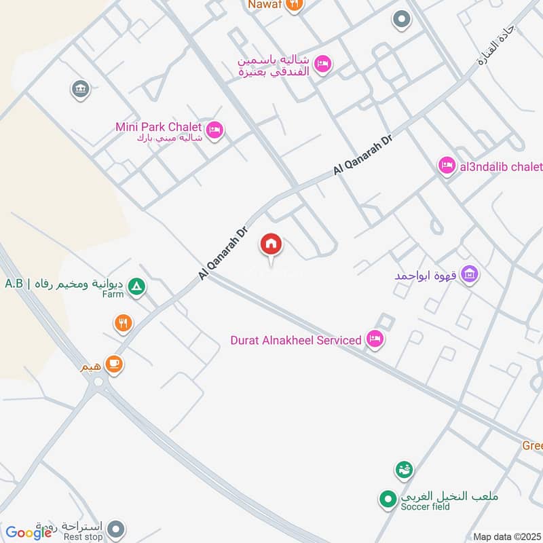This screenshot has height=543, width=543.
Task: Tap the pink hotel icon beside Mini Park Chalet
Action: [x=214, y=129]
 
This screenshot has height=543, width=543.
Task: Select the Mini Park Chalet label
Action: [x=159, y=126]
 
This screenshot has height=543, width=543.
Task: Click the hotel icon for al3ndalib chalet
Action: [x=447, y=166]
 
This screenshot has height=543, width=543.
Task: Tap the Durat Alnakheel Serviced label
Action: [x=296, y=339]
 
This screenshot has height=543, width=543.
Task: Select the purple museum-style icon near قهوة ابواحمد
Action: [x=469, y=275]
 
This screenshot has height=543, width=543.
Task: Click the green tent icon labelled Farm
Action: [x=137, y=287]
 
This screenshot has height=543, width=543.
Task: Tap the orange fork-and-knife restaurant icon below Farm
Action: [x=123, y=323]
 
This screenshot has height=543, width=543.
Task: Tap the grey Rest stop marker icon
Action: [x=117, y=527]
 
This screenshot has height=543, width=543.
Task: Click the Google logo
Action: [x=29, y=533]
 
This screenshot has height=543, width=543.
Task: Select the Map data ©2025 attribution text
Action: [x=507, y=536]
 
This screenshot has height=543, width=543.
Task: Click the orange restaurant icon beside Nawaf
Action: [x=294, y=5]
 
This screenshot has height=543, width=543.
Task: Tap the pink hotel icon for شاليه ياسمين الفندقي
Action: [x=323, y=63]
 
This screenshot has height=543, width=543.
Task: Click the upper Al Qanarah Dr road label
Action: [x=364, y=155]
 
